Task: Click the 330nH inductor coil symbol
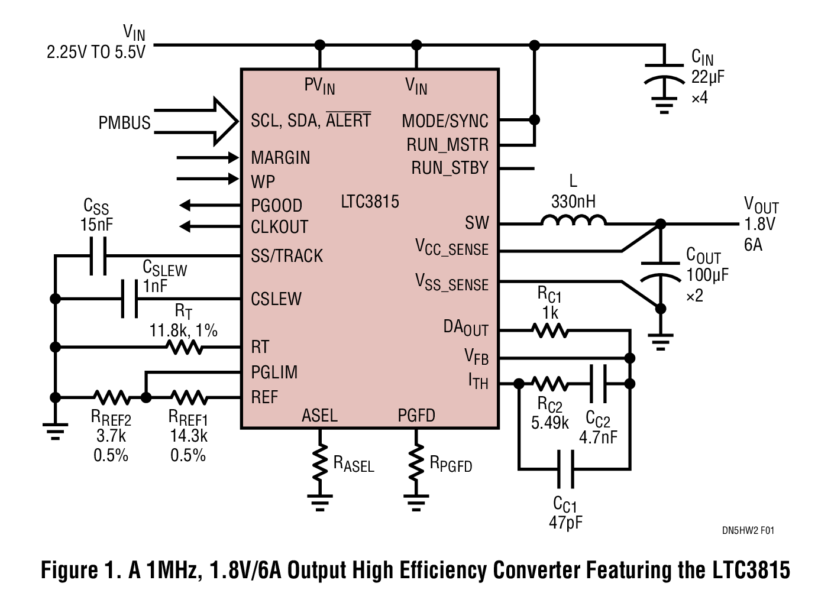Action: (x=573, y=221)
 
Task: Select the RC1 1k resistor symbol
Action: (x=550, y=330)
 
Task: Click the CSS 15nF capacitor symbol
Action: (x=98, y=255)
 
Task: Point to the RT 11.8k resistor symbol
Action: (x=186, y=347)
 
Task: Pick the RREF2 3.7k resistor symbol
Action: (x=111, y=397)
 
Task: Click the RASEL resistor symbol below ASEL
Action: (x=320, y=463)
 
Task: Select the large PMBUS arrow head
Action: (x=225, y=121)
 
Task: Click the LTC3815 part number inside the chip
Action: (x=370, y=202)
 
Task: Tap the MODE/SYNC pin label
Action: (x=445, y=121)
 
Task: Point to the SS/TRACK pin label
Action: (x=287, y=256)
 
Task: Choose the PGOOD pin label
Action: (x=276, y=206)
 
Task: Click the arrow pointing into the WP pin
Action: (x=207, y=179)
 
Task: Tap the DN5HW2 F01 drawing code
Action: (x=748, y=530)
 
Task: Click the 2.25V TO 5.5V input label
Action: (x=96, y=52)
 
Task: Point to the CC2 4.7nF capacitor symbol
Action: (x=599, y=384)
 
